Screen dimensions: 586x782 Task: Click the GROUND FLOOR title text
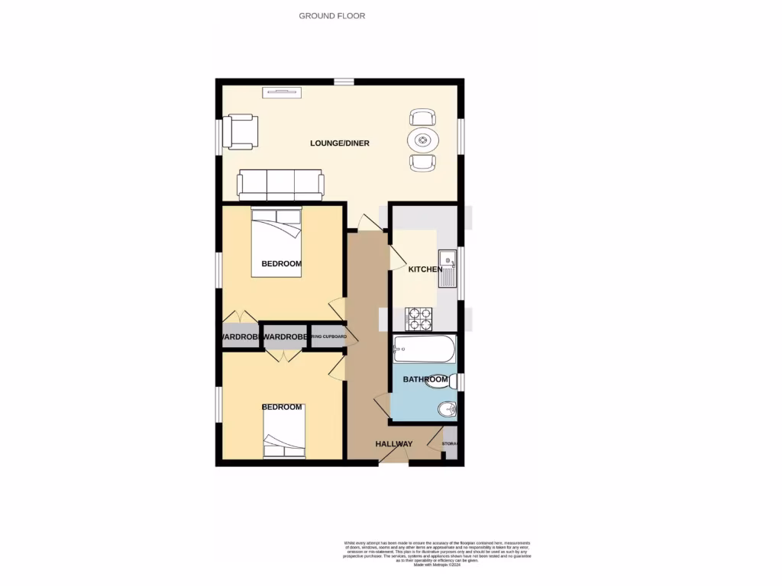pos(331,15)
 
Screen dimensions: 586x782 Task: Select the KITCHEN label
pos(425,269)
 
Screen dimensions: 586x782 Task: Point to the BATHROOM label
pos(425,379)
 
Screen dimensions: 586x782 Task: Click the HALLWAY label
pos(393,444)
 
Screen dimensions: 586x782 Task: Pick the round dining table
pos(423,140)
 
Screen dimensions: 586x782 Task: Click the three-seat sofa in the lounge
pos(280,182)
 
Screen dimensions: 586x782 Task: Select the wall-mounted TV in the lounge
pos(281,92)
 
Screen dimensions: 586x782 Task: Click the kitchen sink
pos(447,268)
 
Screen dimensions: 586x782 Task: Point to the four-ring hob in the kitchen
pos(418,316)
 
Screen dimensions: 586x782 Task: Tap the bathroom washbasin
pos(448,410)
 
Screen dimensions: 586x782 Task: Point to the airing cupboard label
pos(329,336)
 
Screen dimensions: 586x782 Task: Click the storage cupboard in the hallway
pos(450,444)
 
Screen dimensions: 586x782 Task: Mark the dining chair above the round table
pos(423,117)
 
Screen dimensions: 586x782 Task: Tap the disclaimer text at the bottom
pos(436,553)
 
